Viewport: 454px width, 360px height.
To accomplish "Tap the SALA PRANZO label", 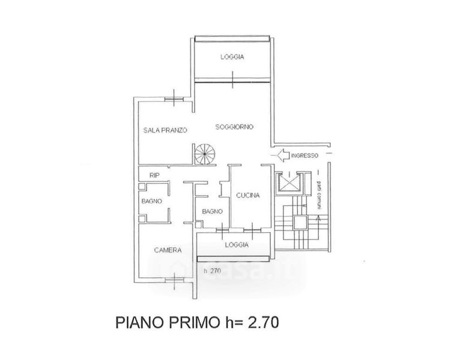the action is click(x=165, y=130).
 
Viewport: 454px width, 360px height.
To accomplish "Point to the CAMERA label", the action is click(x=168, y=250).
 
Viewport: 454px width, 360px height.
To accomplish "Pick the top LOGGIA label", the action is click(x=232, y=57).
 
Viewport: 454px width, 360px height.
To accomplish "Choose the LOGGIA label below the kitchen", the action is click(x=237, y=245).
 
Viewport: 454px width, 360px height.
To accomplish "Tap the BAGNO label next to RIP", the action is click(x=151, y=202).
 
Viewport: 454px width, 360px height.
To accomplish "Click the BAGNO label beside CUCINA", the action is click(x=213, y=211).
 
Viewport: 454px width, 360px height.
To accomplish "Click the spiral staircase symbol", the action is click(x=204, y=153).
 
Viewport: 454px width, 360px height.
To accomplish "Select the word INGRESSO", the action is click(x=304, y=157).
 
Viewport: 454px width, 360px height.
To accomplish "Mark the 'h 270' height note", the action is click(x=213, y=271).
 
